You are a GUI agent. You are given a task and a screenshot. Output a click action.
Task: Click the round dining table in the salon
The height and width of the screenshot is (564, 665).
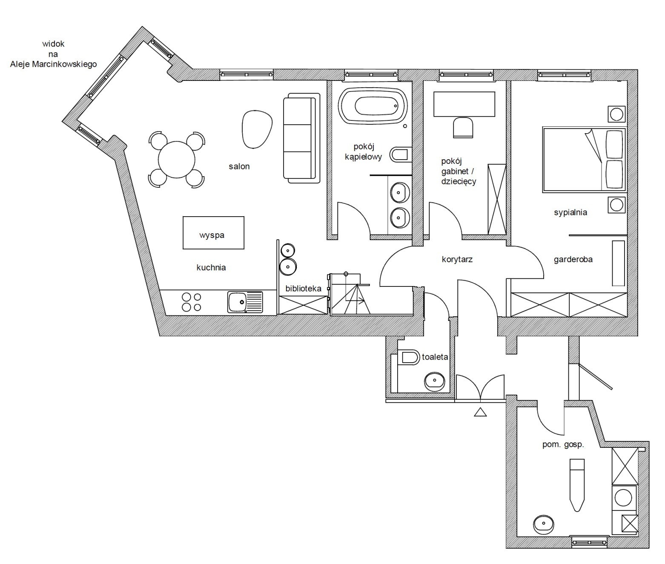pyautogui.click(x=176, y=160)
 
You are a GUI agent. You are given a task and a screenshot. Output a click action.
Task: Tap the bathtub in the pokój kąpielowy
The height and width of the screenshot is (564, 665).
pyautogui.click(x=373, y=106)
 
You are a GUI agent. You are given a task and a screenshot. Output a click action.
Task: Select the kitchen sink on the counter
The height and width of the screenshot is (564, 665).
pyautogui.click(x=245, y=302)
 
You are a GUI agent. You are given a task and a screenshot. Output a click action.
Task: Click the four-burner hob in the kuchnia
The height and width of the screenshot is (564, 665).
pyautogui.click(x=192, y=302)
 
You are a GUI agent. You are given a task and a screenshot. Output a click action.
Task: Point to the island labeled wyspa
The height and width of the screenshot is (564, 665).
pyautogui.click(x=213, y=232)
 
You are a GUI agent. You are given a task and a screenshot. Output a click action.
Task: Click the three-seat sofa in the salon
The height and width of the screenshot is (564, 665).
pyautogui.click(x=301, y=138)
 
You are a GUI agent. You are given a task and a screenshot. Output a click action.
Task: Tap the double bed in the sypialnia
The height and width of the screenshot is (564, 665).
pyautogui.click(x=584, y=160)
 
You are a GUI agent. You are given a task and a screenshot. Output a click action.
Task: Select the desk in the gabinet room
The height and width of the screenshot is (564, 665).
pyautogui.click(x=464, y=104)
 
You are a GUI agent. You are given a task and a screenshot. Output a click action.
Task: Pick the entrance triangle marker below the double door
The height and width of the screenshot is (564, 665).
pyautogui.click(x=480, y=412)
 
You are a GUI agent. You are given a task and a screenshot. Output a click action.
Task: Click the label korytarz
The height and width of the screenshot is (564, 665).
pyautogui.click(x=457, y=259)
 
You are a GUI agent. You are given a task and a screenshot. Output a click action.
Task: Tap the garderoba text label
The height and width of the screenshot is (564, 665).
pyautogui.click(x=573, y=259)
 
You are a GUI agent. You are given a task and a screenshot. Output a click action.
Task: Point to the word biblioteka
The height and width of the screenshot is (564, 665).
pyautogui.click(x=304, y=289)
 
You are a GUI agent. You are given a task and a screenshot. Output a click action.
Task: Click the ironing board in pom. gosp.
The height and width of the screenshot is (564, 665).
pyautogui.click(x=577, y=490)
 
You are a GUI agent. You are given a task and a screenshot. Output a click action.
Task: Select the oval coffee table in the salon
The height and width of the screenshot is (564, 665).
pyautogui.click(x=257, y=129)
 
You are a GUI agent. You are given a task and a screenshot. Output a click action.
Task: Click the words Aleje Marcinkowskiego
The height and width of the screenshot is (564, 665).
pyautogui.click(x=53, y=64)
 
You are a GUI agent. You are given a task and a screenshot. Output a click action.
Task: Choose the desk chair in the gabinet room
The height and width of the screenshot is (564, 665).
pyautogui.click(x=463, y=128)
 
